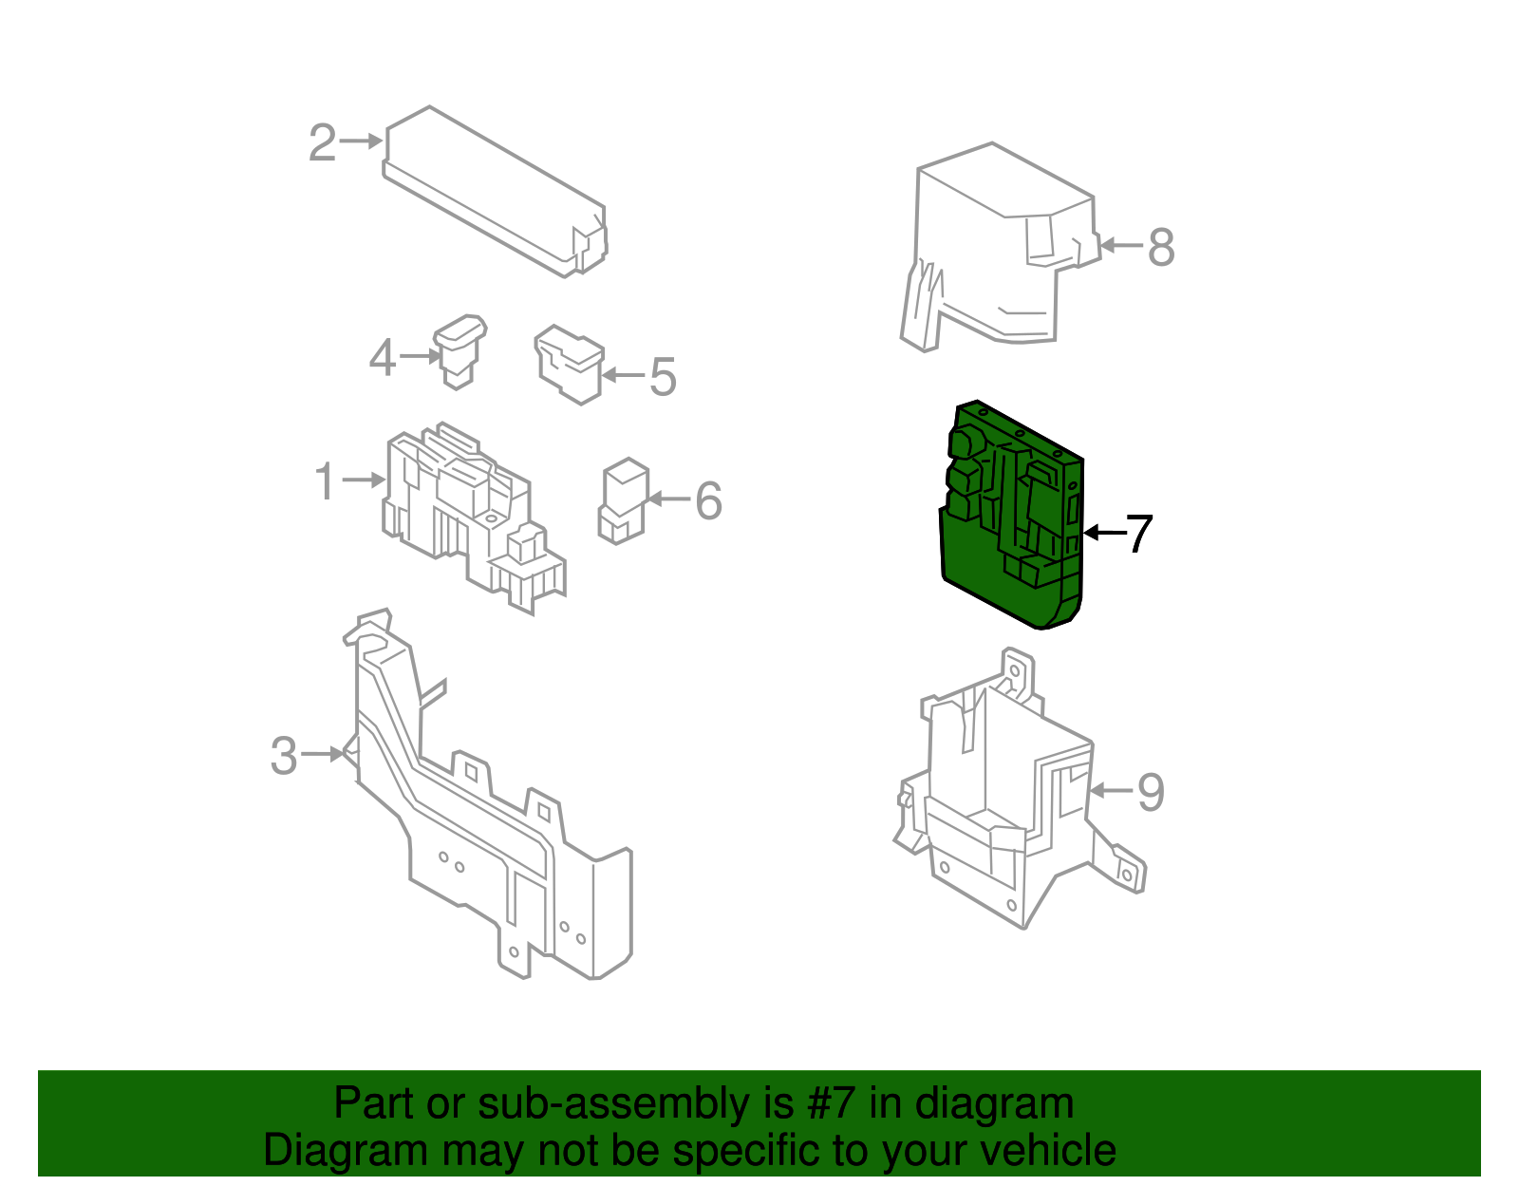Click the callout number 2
[x=323, y=143]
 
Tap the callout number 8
[x=1161, y=247]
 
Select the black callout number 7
[x=1138, y=534]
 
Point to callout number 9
[x=1151, y=792]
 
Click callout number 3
[x=284, y=757]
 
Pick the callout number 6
[x=708, y=500]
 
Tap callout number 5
[x=663, y=377]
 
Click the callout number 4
[x=382, y=358]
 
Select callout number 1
[x=325, y=481]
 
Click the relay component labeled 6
[x=622, y=500]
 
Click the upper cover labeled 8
[x=997, y=247]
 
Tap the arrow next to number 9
[x=1111, y=790]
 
